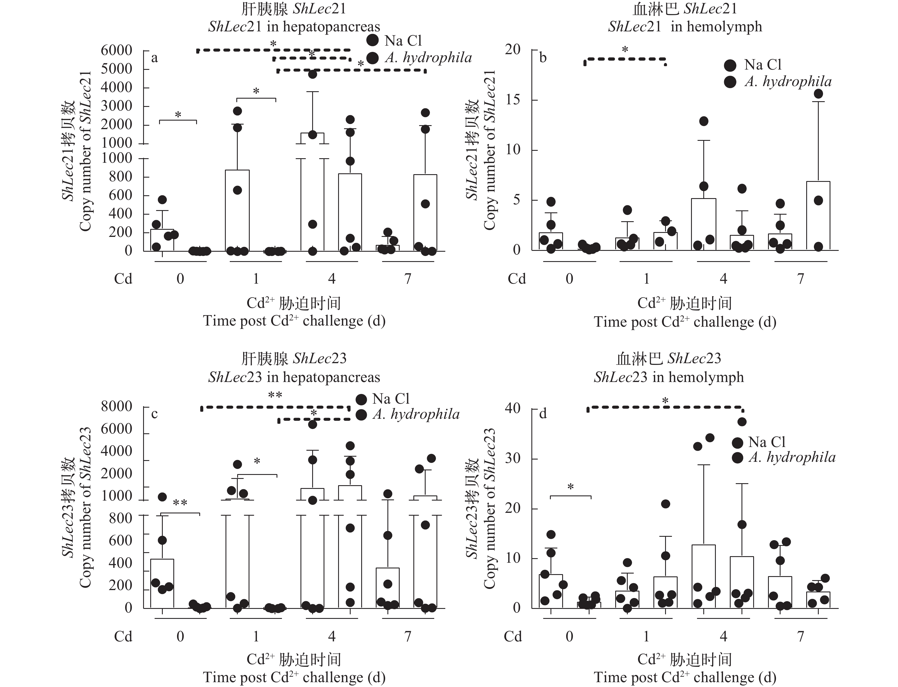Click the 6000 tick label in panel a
(117, 50)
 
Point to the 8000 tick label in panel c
(117, 406)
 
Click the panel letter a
(154, 58)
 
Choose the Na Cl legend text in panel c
(391, 399)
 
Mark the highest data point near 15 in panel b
(818, 94)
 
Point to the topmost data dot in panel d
(742, 422)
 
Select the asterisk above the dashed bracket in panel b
(625, 50)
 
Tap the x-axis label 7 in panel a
(407, 279)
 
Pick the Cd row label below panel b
(517, 279)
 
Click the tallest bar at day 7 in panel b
(818, 216)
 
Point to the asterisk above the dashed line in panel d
(665, 402)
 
